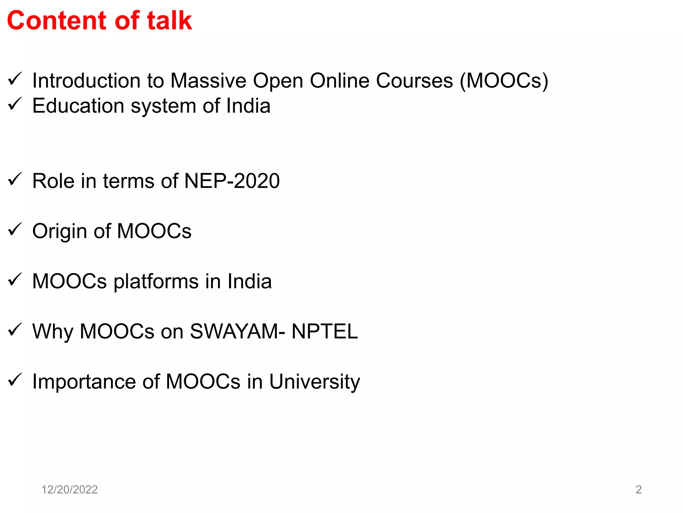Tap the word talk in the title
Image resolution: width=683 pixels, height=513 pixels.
(x=169, y=21)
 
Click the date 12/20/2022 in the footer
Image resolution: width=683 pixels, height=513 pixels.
(x=69, y=490)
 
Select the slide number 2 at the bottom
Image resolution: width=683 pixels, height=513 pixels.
(x=638, y=490)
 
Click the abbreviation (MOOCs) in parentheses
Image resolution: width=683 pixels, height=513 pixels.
(x=504, y=81)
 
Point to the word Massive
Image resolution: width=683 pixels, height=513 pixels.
(x=208, y=81)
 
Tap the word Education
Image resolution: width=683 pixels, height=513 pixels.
(x=78, y=106)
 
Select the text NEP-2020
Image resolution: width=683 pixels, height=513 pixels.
(x=232, y=181)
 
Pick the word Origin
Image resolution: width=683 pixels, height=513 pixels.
(x=60, y=231)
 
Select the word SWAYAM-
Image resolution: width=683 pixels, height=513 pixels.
(x=237, y=332)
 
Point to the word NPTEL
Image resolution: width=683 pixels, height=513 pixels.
(x=324, y=332)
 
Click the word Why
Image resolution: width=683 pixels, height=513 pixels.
(x=52, y=332)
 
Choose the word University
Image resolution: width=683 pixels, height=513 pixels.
(x=314, y=382)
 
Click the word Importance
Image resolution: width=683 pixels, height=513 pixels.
(x=84, y=382)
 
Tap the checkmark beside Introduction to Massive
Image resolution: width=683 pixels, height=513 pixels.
(x=15, y=79)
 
